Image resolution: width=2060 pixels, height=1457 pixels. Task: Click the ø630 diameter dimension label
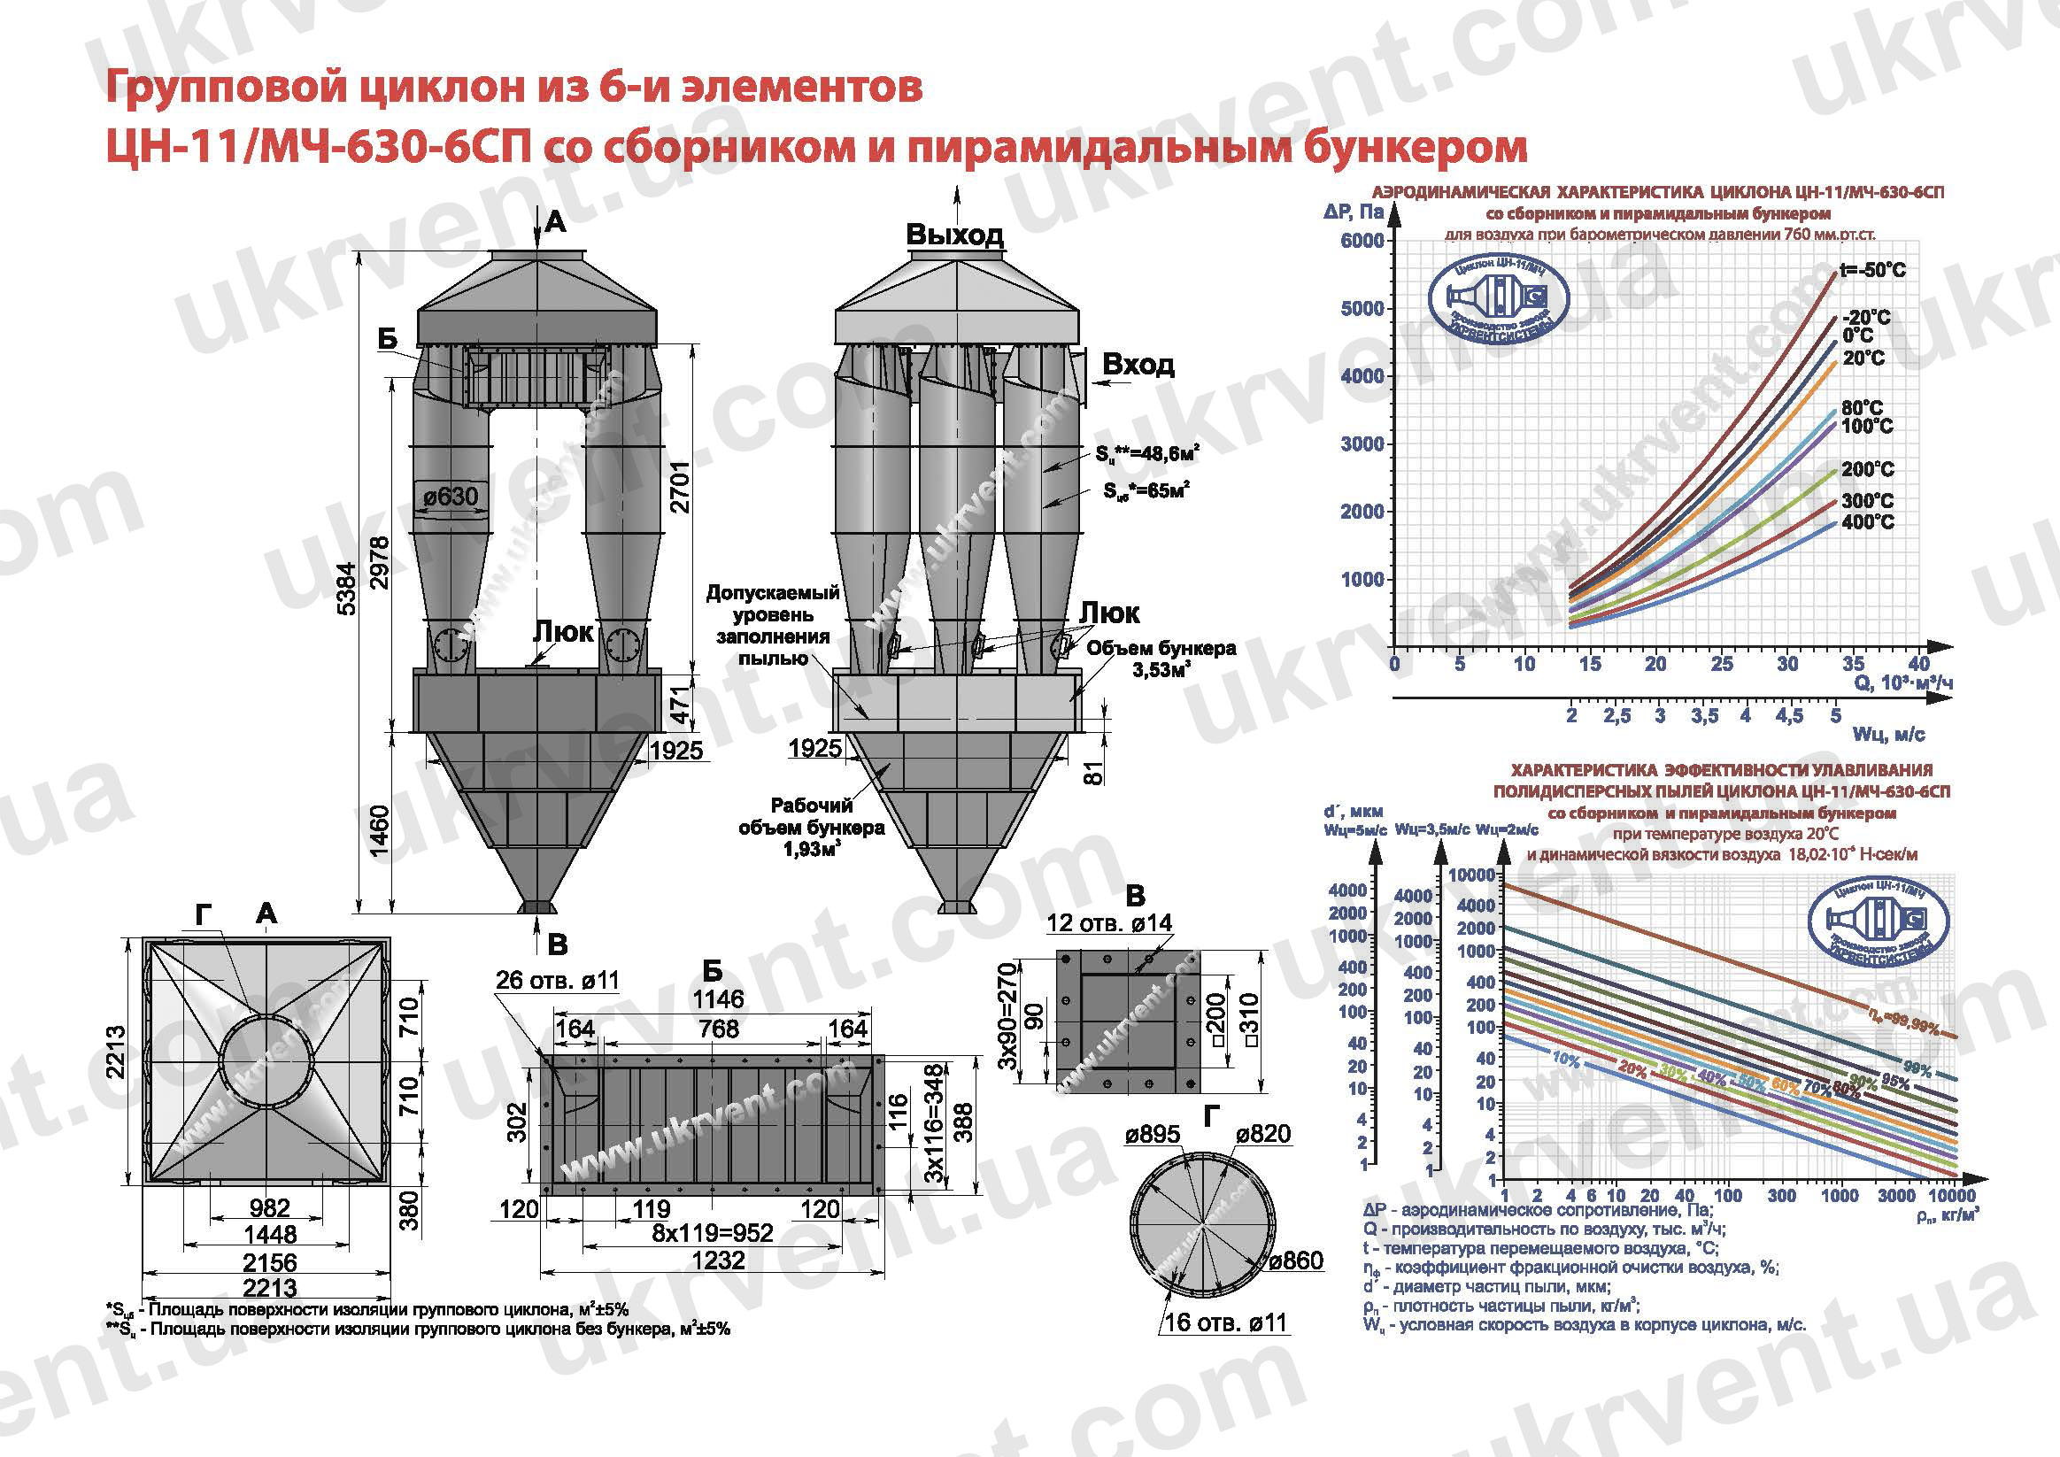tap(451, 496)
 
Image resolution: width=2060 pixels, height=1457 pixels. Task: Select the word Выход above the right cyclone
tap(954, 235)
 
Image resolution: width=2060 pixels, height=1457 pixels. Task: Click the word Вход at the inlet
tap(1138, 365)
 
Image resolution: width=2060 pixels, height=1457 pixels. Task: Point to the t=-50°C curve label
tap(1872, 270)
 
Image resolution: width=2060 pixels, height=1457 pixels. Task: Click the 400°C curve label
tap(1868, 522)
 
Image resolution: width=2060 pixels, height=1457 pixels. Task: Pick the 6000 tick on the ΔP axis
tap(1362, 241)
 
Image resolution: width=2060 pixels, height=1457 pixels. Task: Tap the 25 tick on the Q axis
tap(1722, 664)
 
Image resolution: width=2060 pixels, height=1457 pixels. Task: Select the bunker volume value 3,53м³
tap(1161, 670)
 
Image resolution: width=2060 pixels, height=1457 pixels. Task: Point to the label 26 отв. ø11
tap(557, 980)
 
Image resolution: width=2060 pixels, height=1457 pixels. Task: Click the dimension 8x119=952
tap(712, 1233)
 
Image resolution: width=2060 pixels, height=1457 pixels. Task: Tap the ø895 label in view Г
tap(1152, 1134)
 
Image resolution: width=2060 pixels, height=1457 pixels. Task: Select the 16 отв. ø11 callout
tap(1224, 1322)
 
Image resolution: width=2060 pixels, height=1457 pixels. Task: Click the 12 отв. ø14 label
tap(1109, 922)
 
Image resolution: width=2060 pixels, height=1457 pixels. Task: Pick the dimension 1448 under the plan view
tap(270, 1235)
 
